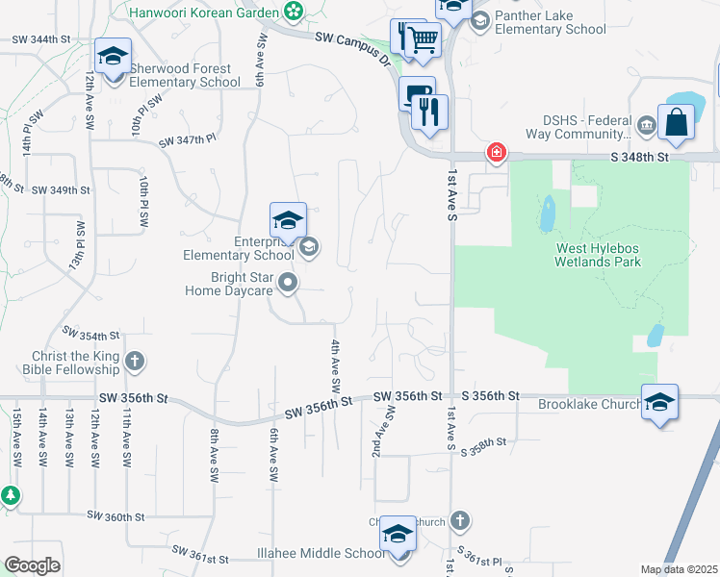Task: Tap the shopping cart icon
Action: [x=422, y=39]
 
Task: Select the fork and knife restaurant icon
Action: [x=429, y=112]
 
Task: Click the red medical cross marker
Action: [x=496, y=152]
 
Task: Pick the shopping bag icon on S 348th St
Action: [x=677, y=122]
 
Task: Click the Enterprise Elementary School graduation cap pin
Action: [x=288, y=220]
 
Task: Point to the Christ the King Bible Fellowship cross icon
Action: [x=135, y=362]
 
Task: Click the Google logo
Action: [x=32, y=564]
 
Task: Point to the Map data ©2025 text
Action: [x=679, y=569]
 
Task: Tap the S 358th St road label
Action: [x=483, y=446]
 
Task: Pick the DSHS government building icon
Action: [x=645, y=124]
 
